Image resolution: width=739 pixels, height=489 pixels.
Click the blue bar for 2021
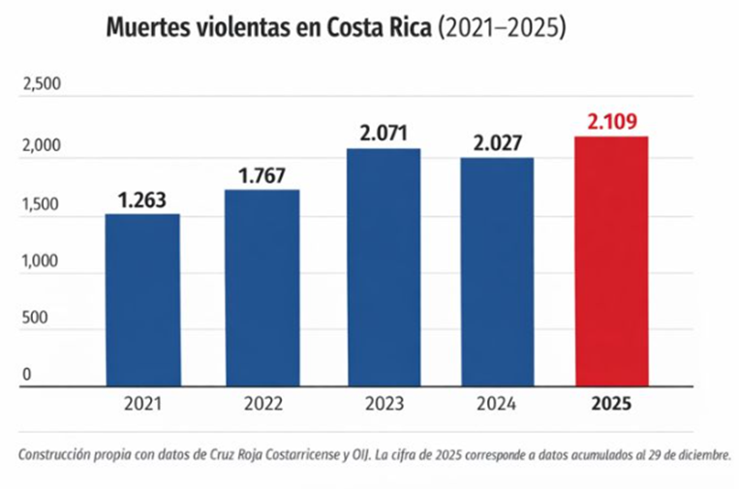click(x=142, y=300)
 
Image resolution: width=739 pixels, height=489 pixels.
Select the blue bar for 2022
click(x=262, y=288)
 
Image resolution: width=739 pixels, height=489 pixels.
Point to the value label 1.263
click(x=142, y=199)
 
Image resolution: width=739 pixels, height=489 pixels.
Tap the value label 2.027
click(x=497, y=143)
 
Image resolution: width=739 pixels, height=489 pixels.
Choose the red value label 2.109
click(x=611, y=123)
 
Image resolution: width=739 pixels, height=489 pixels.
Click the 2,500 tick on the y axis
click(x=41, y=85)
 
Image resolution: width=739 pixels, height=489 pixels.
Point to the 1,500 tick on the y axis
click(x=41, y=204)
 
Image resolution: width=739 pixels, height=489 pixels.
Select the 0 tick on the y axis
click(x=27, y=375)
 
